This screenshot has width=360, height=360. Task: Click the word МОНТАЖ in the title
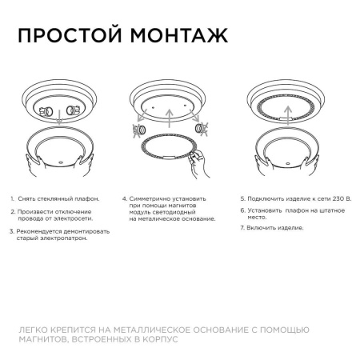tap(171, 37)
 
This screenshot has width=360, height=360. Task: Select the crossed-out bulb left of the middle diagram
tap(138, 127)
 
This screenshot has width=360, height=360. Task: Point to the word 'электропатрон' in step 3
tap(61, 238)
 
